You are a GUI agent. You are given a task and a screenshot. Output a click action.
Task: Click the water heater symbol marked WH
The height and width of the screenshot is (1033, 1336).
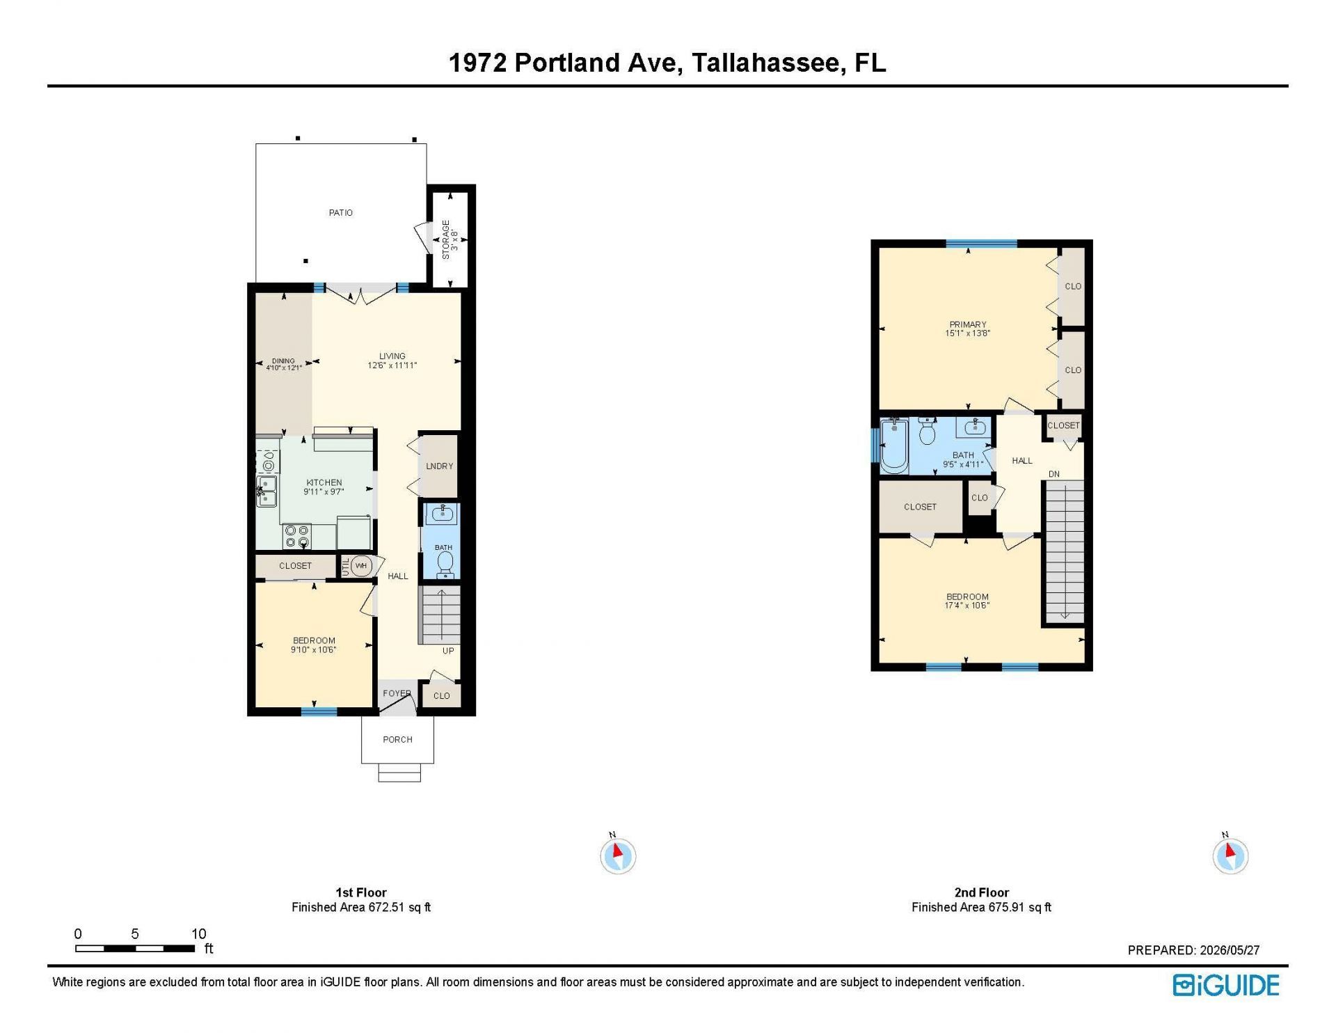(360, 566)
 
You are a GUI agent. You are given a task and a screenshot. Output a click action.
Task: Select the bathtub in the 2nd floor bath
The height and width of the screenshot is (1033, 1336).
(894, 445)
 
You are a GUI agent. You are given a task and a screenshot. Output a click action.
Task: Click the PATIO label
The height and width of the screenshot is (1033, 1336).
(341, 212)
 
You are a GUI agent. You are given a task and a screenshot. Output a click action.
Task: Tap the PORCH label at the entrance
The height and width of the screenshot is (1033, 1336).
(397, 739)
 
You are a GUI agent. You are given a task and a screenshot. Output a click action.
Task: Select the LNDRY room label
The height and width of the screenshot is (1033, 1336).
(440, 466)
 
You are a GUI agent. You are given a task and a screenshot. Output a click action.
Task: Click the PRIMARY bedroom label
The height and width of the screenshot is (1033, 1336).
(968, 324)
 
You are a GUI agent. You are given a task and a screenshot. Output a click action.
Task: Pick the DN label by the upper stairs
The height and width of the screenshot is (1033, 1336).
(1054, 474)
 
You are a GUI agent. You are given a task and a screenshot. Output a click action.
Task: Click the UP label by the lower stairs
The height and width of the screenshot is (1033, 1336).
(448, 651)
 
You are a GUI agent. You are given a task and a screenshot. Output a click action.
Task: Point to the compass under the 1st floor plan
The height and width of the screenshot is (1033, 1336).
(618, 855)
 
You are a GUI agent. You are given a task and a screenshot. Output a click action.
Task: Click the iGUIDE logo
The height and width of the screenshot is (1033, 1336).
(1226, 985)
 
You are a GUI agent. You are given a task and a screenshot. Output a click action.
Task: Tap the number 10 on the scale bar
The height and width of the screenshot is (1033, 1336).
(199, 933)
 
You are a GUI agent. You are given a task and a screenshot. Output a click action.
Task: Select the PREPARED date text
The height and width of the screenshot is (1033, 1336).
(1193, 950)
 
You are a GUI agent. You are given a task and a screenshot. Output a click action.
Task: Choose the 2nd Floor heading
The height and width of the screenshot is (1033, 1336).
(981, 892)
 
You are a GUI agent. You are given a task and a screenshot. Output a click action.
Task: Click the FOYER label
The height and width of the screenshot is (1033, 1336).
(397, 693)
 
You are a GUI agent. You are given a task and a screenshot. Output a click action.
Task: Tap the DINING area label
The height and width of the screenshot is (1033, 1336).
(283, 361)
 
